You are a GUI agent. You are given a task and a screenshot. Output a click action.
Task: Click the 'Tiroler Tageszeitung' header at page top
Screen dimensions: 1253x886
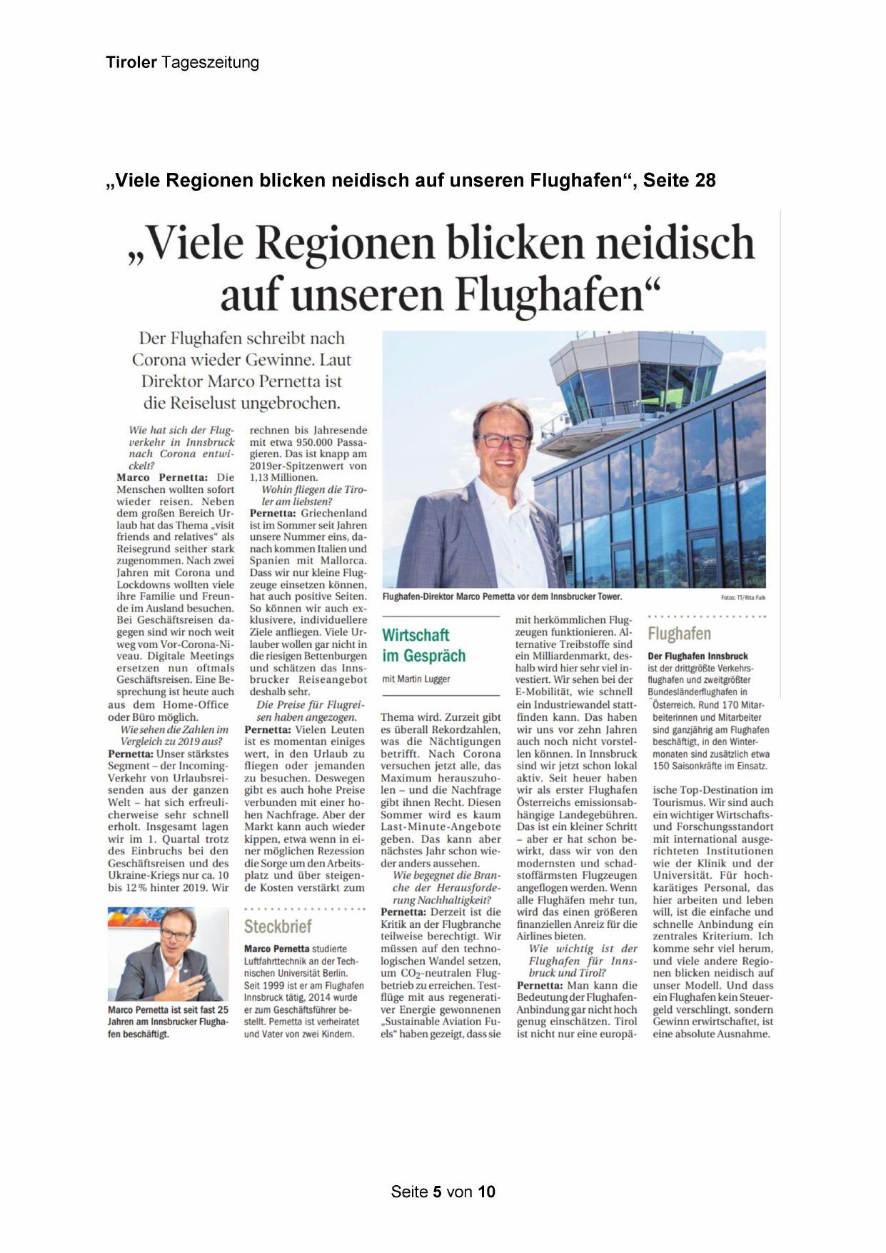tap(182, 63)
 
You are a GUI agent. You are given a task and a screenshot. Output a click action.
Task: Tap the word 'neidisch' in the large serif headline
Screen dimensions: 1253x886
tap(675, 243)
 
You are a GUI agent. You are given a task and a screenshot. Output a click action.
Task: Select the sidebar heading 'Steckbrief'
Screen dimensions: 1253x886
tap(278, 927)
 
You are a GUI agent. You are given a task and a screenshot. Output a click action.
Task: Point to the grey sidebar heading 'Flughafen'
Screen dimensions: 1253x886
tap(679, 634)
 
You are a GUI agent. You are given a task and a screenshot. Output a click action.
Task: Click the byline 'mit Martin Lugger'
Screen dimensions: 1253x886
tap(416, 679)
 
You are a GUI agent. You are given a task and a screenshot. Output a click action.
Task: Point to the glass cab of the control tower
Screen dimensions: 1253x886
tap(628, 382)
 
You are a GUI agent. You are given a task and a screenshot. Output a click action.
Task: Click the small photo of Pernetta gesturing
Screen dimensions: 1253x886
tap(168, 954)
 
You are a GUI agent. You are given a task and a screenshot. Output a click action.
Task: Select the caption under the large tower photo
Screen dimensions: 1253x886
tap(502, 596)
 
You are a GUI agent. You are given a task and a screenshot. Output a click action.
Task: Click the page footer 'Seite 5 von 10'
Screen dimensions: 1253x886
tap(443, 1192)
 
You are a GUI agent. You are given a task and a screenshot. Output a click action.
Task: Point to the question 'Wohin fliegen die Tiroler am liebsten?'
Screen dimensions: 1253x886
tap(307, 495)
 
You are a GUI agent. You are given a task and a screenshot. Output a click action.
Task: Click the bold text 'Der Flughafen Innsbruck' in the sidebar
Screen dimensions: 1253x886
tap(698, 656)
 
